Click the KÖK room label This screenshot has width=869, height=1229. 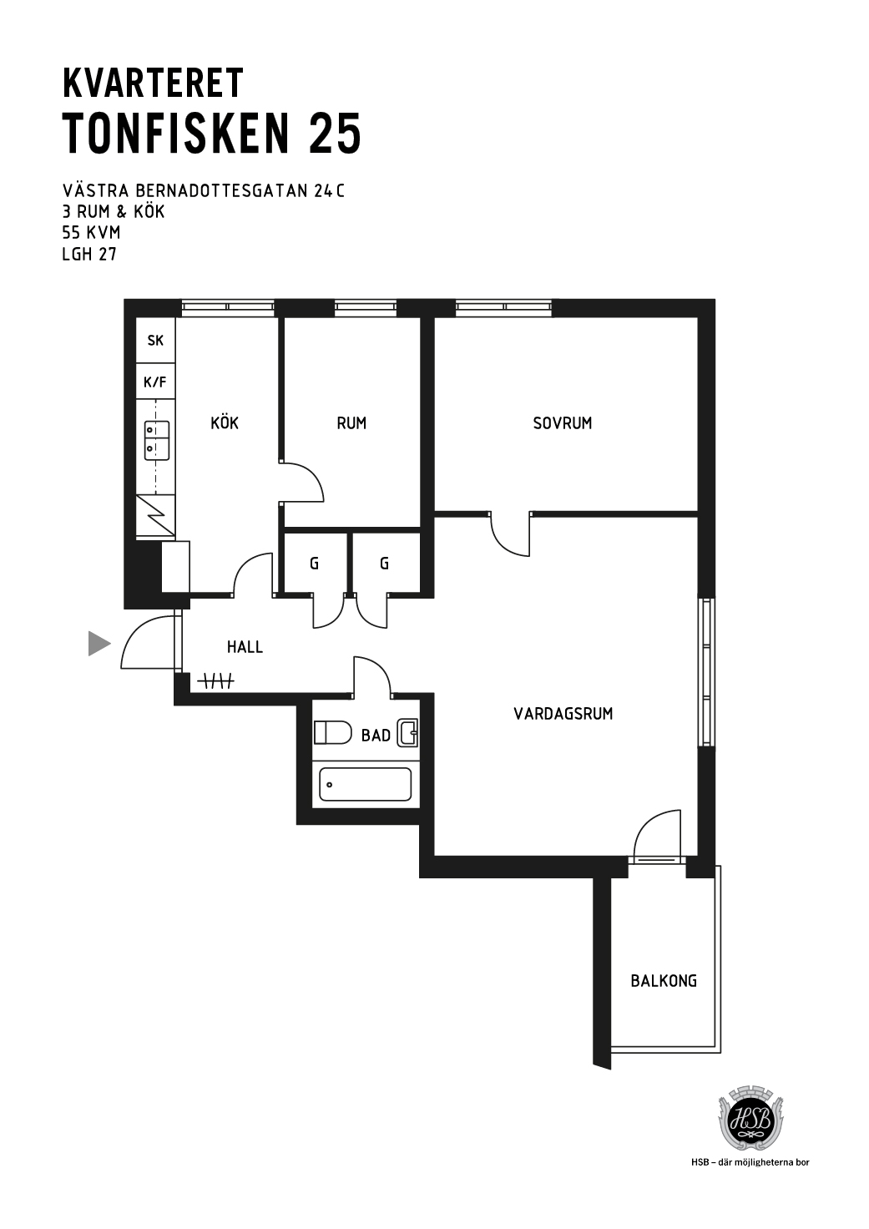(225, 422)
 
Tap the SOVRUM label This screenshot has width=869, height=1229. (563, 423)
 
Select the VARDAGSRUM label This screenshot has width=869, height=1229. (563, 714)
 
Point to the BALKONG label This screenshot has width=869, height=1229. (664, 981)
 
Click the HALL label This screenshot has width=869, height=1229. (245, 647)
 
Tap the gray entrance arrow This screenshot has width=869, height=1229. (99, 644)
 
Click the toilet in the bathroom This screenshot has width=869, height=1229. (332, 732)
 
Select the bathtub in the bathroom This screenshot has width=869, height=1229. (366, 785)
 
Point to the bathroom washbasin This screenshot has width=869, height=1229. (408, 732)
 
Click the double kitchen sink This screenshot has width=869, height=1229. (157, 440)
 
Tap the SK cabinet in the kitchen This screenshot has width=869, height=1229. (156, 340)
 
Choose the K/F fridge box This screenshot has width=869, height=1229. (156, 382)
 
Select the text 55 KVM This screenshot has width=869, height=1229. (91, 233)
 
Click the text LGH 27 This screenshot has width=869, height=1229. (89, 255)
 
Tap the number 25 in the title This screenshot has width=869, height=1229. (335, 134)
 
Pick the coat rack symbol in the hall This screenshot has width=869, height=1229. (215, 681)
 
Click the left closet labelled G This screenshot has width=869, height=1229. (315, 564)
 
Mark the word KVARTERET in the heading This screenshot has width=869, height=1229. (153, 83)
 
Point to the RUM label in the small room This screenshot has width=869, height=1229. (351, 423)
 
